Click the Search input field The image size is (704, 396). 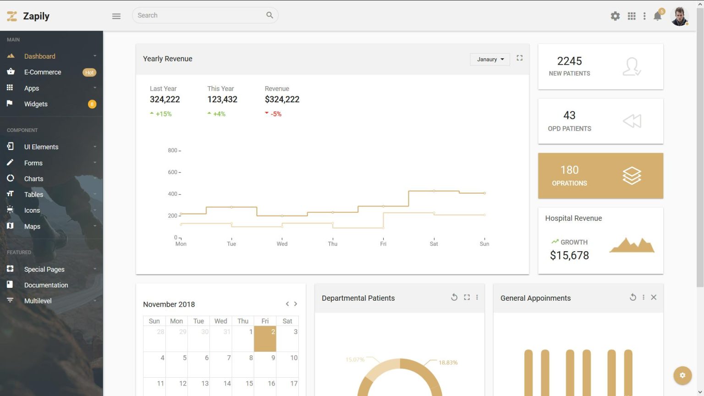199,16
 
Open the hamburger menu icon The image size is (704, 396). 116,16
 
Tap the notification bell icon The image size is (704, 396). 657,16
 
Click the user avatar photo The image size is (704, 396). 679,16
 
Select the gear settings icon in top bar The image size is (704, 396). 615,16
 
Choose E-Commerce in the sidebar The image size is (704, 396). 43,72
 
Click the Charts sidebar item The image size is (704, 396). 33,179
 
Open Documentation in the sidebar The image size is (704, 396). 46,285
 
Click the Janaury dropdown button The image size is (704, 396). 490,60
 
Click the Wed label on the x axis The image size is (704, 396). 282,244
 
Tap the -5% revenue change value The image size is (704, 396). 276,114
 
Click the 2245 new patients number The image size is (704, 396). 569,61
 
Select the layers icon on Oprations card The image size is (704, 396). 632,176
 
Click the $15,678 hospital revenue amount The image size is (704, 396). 569,256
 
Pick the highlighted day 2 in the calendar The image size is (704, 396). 265,339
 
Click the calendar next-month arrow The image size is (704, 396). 296,304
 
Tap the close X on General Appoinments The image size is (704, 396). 654,297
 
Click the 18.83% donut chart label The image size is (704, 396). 448,363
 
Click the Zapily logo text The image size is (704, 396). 36,16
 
